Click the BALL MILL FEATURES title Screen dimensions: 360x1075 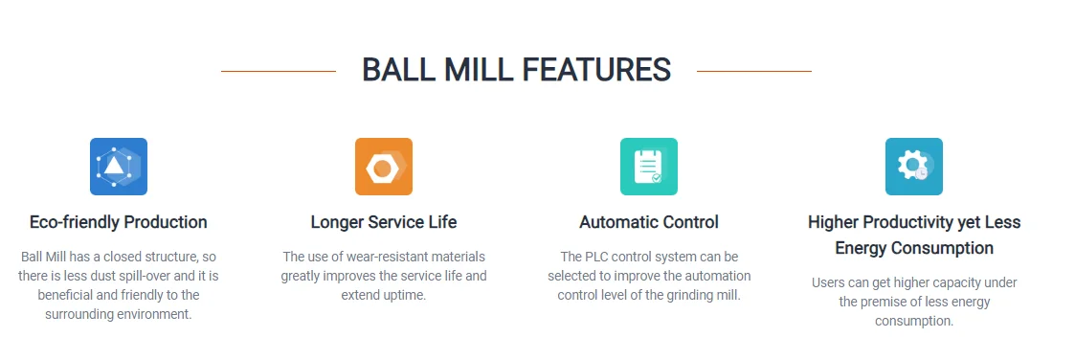click(516, 70)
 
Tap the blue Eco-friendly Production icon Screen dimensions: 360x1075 click(119, 167)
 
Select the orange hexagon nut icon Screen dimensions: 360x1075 click(383, 167)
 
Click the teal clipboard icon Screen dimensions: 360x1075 click(648, 167)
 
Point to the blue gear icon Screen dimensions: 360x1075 click(913, 167)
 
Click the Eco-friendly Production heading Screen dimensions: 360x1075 click(119, 222)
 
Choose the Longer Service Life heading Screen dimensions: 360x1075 click(383, 222)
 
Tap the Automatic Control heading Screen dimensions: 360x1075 click(648, 222)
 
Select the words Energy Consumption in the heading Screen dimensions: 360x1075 click(913, 248)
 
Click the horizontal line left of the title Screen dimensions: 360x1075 click(278, 71)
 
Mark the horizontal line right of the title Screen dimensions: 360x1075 click(753, 71)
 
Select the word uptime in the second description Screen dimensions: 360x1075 click(405, 295)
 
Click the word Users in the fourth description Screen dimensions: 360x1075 click(828, 282)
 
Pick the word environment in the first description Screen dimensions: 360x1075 click(157, 314)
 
